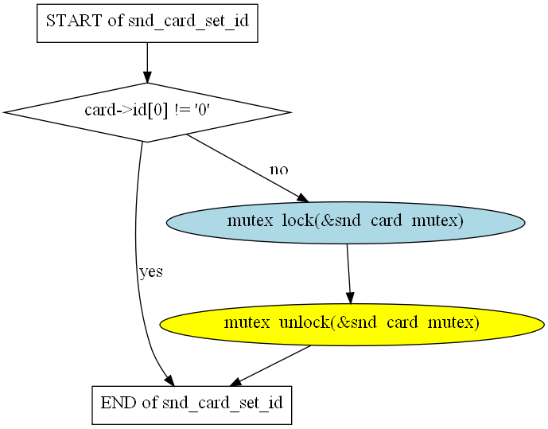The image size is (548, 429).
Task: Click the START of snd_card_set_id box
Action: click(147, 21)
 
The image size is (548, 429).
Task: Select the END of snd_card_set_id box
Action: click(192, 404)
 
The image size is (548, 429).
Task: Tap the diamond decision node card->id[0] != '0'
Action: click(147, 112)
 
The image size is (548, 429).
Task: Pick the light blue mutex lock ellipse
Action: click(345, 222)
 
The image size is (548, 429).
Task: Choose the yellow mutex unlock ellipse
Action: click(352, 324)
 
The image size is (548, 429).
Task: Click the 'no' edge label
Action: click(278, 170)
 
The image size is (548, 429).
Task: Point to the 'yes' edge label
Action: click(150, 272)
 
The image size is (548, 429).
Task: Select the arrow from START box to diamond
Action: click(147, 60)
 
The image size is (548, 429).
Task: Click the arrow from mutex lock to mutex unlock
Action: click(348, 271)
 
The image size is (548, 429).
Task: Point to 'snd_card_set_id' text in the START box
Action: click(188, 21)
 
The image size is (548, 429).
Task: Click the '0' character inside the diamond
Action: click(203, 111)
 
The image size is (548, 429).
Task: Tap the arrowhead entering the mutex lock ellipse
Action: click(301, 199)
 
